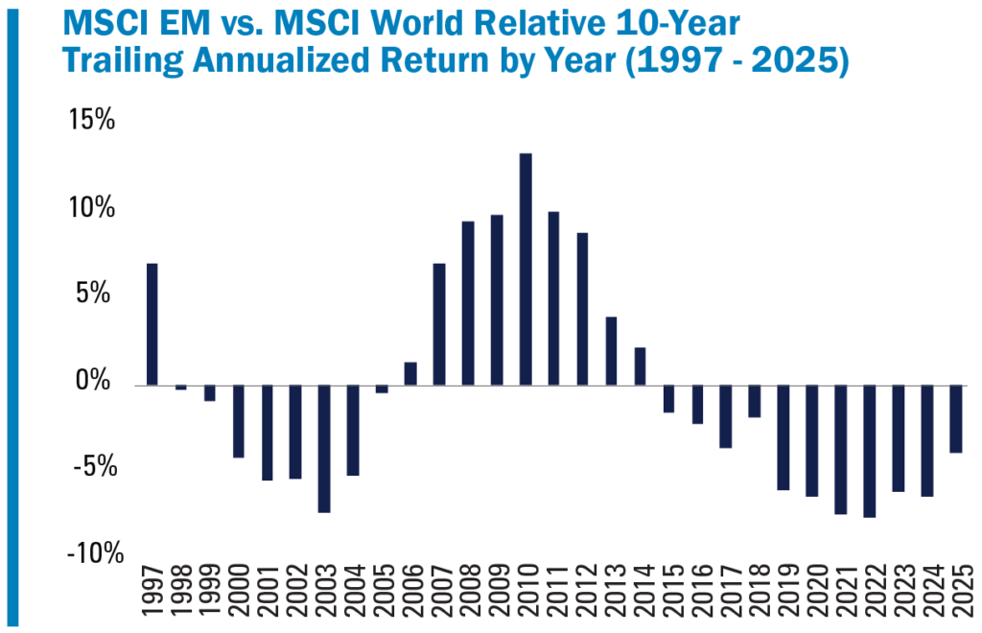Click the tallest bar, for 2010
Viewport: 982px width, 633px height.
coord(526,270)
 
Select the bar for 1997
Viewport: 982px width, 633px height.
coord(152,324)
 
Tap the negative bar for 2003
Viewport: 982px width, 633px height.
coord(324,448)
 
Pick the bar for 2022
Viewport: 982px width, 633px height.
coord(870,451)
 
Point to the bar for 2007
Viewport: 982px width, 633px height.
coord(439,324)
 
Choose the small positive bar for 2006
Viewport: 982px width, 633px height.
coord(410,373)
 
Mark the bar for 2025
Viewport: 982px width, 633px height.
coord(956,418)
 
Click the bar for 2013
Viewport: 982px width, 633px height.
coord(612,351)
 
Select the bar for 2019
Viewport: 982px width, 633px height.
coord(783,437)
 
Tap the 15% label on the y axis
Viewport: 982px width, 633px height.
coord(91,121)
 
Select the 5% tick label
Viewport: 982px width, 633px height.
coord(97,294)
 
